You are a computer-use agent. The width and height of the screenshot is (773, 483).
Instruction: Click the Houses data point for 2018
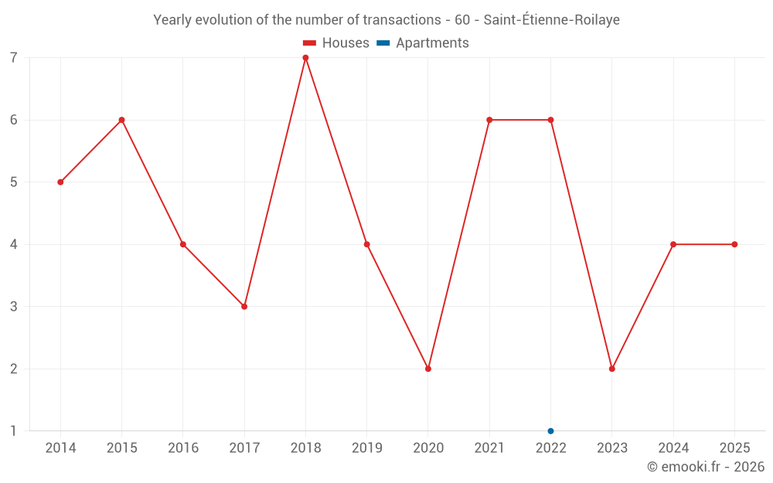coord(305,58)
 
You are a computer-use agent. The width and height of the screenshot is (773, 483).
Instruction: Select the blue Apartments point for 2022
coord(550,430)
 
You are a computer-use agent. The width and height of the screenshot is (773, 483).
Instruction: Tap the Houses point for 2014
coord(60,182)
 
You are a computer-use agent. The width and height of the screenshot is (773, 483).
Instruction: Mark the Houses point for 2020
coord(428,369)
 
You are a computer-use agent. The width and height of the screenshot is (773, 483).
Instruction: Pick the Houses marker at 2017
coord(244,307)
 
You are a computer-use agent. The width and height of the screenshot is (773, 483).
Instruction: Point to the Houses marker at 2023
coord(612,369)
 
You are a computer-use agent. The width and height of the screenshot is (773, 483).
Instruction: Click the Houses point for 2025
coord(734,244)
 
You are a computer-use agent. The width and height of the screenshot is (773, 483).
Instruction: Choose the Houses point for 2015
coord(121,120)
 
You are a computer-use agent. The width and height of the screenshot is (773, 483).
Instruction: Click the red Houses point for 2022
coord(550,120)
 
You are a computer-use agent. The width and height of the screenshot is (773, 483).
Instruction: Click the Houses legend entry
coord(335,43)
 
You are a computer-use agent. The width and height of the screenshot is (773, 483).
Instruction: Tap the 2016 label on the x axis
coord(183,448)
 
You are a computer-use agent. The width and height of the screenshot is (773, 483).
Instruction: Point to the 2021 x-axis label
coord(489,448)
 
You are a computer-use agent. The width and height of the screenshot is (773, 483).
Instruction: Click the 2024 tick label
coord(673,448)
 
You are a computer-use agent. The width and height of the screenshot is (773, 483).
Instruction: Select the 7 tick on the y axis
coord(14,58)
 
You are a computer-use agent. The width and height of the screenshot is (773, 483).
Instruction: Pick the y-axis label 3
coord(14,307)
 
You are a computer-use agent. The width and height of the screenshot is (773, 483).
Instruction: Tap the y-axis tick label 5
coord(14,182)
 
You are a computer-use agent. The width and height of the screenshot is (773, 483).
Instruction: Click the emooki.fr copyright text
coord(706,467)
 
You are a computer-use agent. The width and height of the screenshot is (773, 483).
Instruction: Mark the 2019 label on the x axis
coord(367,448)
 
